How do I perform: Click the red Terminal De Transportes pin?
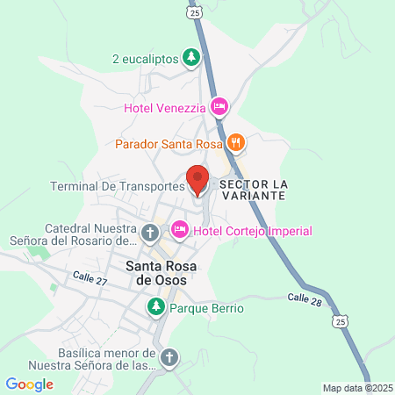click(x=197, y=180)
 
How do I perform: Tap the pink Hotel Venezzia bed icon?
click(x=219, y=108)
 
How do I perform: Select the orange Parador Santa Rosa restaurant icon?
click(x=235, y=142)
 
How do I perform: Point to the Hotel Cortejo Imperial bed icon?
click(x=179, y=230)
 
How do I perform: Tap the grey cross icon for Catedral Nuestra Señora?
click(x=150, y=233)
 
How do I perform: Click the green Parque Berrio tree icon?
click(x=155, y=307)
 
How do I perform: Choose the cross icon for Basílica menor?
click(x=169, y=357)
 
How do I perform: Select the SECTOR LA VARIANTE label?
click(x=253, y=190)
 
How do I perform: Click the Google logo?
click(x=29, y=384)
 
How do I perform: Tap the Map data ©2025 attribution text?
click(x=356, y=387)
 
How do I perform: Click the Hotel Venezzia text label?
click(x=165, y=109)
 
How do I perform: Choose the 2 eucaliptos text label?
click(x=145, y=59)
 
